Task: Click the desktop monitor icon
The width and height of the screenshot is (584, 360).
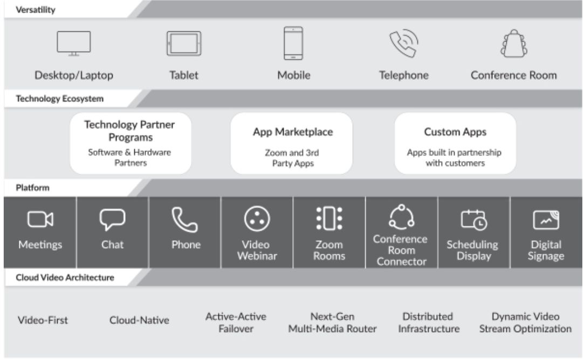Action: (x=74, y=43)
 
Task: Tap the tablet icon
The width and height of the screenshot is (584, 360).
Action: (x=183, y=43)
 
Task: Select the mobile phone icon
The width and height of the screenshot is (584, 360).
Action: (x=293, y=43)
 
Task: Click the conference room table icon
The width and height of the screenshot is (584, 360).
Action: (x=513, y=43)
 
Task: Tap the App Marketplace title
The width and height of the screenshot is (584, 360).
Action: (x=293, y=132)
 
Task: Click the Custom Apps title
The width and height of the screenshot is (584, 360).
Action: (x=456, y=132)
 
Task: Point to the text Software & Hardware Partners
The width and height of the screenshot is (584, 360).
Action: (x=129, y=157)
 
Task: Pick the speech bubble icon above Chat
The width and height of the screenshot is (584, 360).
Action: (x=112, y=219)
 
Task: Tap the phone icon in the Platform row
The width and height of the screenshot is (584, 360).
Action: (x=185, y=219)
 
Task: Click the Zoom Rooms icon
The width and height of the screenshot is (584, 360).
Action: (x=329, y=219)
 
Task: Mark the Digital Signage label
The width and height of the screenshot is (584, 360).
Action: (x=546, y=250)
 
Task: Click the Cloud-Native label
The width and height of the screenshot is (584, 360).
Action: (x=139, y=321)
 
